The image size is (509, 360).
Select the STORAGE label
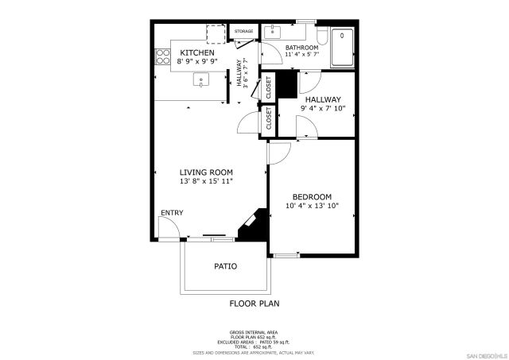tap(243, 32)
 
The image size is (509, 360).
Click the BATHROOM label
tap(301, 47)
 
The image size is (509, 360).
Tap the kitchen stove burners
tap(162, 56)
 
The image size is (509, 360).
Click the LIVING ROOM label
tap(205, 172)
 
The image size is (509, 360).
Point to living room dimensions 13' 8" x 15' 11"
tap(205, 182)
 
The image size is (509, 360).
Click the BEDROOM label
tap(312, 196)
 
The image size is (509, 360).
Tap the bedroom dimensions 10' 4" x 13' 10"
tap(312, 206)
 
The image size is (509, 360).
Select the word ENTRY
tap(172, 213)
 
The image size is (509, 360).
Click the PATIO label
tap(225, 266)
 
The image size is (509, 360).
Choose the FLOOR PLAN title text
tap(254, 303)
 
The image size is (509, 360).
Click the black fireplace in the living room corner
tap(255, 223)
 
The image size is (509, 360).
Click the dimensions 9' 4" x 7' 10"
tap(323, 108)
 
